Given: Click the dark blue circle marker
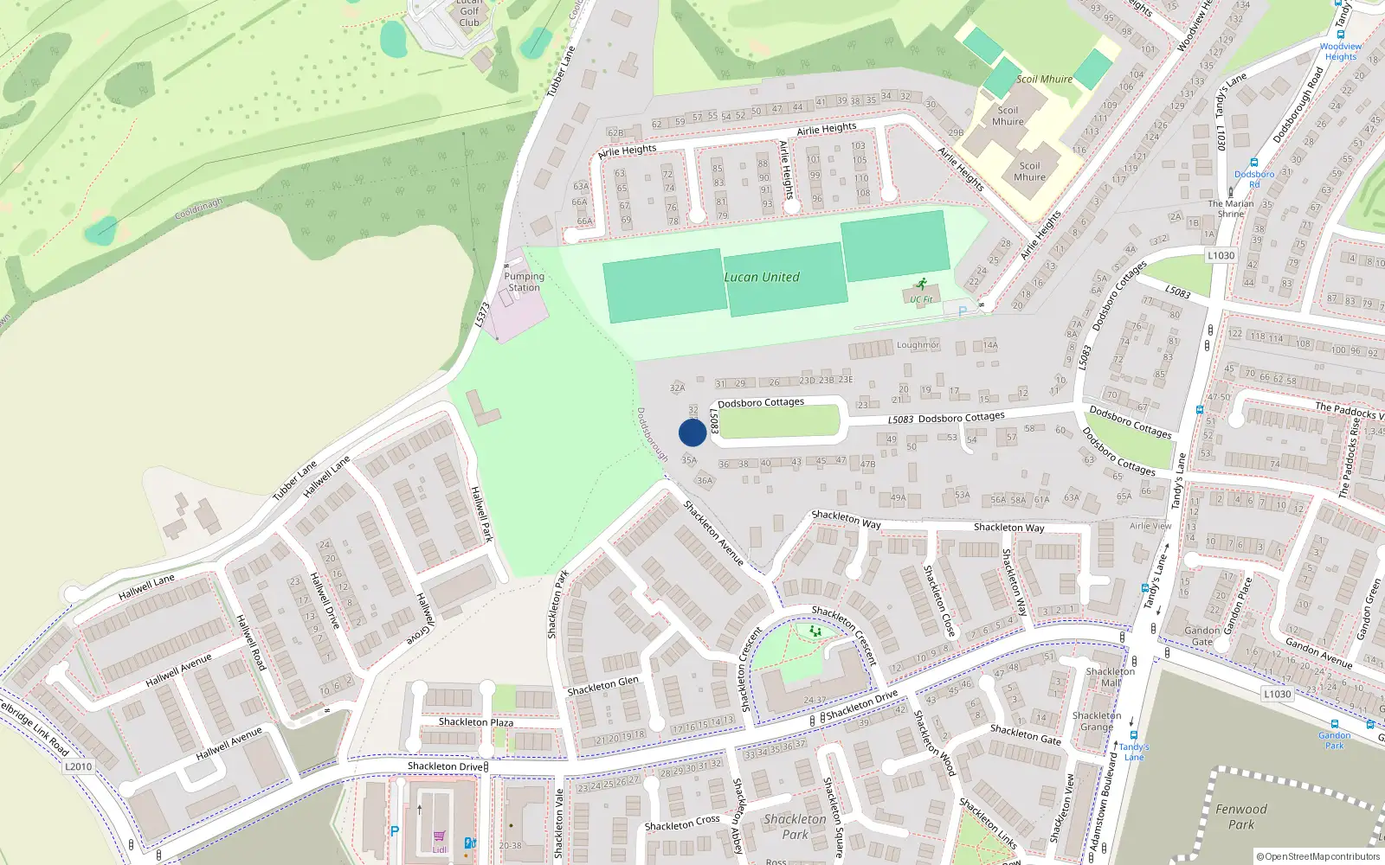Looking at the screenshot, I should pyautogui.click(x=692, y=432).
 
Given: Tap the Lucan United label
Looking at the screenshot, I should pyautogui.click(x=762, y=278).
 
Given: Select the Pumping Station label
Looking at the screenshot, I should pyautogui.click(x=524, y=282).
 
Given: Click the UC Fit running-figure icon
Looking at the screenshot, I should pyautogui.click(x=921, y=284).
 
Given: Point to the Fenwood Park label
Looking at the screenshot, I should pyautogui.click(x=1240, y=817).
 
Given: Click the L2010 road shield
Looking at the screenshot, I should pyautogui.click(x=78, y=766).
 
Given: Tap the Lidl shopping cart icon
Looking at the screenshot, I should pyautogui.click(x=439, y=836).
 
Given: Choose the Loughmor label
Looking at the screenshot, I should pyautogui.click(x=918, y=345).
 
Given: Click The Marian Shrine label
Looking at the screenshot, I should pyautogui.click(x=1230, y=208).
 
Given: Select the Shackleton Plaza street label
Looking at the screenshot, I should pyautogui.click(x=475, y=722).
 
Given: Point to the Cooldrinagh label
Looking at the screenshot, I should pyautogui.click(x=198, y=208).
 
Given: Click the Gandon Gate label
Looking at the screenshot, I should pyautogui.click(x=1201, y=636).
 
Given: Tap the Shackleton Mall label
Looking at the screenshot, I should pyautogui.click(x=1111, y=677).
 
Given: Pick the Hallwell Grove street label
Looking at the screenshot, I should pyautogui.click(x=421, y=619).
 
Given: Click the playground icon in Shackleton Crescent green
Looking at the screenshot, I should pyautogui.click(x=815, y=631).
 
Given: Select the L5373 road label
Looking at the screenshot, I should pyautogui.click(x=482, y=314).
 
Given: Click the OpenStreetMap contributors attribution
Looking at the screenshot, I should pyautogui.click(x=1318, y=856).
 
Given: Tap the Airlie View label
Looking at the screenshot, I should pyautogui.click(x=1150, y=526).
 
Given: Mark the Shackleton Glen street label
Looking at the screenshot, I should pyautogui.click(x=602, y=686).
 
